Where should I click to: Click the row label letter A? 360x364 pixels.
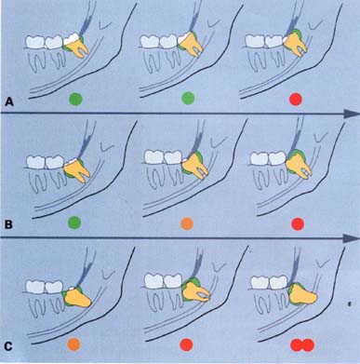9,101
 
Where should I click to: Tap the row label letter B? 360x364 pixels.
8,223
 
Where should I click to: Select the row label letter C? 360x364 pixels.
8,346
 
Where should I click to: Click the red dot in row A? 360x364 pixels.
295,100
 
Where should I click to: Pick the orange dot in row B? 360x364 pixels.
187,223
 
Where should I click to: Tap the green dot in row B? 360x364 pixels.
74,222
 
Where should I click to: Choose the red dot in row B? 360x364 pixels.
298,223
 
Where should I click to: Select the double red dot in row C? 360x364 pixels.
302,344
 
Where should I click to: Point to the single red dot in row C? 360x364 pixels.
187,344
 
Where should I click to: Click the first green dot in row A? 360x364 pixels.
76,100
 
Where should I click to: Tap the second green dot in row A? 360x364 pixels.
188,100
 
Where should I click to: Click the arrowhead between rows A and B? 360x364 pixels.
352,114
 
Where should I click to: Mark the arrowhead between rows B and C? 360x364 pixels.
352,238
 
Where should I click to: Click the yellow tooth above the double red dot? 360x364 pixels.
302,295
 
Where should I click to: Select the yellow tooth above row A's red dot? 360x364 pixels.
296,45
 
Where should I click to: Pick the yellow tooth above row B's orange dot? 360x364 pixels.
194,166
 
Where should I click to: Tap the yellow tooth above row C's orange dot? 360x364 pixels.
77,298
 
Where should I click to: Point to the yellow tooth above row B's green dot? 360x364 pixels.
76,171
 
